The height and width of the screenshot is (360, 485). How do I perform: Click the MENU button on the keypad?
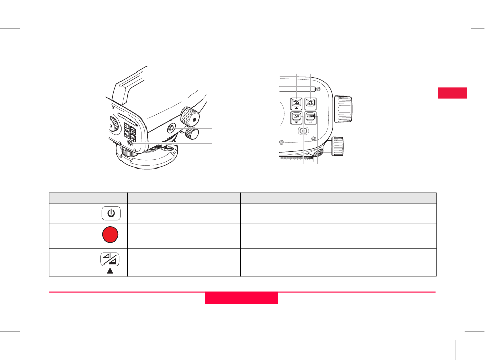[310, 117]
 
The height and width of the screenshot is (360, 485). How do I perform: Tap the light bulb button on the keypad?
[310, 103]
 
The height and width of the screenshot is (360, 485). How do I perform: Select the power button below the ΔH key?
[304, 131]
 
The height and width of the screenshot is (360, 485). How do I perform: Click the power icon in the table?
[111, 213]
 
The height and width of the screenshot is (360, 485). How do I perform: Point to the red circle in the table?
[110, 234]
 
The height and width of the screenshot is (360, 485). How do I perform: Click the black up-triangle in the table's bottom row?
[110, 271]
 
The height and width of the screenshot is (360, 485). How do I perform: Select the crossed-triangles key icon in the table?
[110, 259]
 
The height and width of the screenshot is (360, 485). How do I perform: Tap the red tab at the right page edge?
[452, 93]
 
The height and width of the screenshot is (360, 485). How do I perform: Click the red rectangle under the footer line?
[241, 298]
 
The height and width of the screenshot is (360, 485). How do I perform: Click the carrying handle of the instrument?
[129, 85]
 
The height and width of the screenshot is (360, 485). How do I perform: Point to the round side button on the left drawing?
[171, 128]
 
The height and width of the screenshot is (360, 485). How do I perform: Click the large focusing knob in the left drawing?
[189, 116]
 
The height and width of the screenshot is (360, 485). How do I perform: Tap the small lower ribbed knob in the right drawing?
[337, 146]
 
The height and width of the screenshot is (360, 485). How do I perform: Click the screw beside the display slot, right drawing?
[318, 90]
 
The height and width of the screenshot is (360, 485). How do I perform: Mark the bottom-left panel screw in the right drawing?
[281, 142]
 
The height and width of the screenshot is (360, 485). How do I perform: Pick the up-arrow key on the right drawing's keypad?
[296, 104]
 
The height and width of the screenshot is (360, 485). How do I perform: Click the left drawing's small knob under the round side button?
[192, 134]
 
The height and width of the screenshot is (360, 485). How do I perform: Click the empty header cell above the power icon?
[111, 198]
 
